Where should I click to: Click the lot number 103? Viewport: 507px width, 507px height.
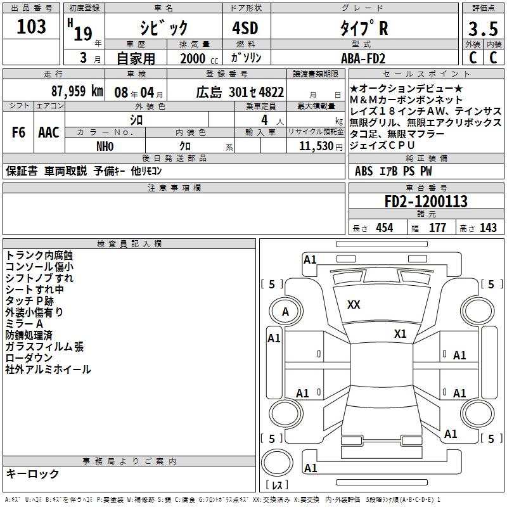(x=31, y=27)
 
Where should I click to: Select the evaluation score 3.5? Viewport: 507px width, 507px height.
(x=483, y=29)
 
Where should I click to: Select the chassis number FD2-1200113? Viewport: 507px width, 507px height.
(x=426, y=202)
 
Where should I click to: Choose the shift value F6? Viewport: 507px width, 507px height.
(x=18, y=132)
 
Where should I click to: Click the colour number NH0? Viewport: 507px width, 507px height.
(x=105, y=146)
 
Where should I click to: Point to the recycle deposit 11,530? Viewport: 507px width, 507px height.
(x=316, y=146)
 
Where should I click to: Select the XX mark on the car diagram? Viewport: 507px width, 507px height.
(x=354, y=305)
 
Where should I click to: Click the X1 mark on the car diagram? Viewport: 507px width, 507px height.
(x=400, y=333)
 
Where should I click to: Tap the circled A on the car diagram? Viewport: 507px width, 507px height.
(x=285, y=311)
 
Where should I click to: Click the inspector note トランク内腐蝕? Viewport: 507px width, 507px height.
(x=39, y=255)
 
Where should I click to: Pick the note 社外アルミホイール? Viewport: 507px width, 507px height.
(x=48, y=369)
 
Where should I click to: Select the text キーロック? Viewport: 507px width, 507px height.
(x=32, y=474)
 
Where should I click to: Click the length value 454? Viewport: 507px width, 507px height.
(x=384, y=228)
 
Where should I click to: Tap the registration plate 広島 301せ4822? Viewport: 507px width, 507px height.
(x=240, y=91)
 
